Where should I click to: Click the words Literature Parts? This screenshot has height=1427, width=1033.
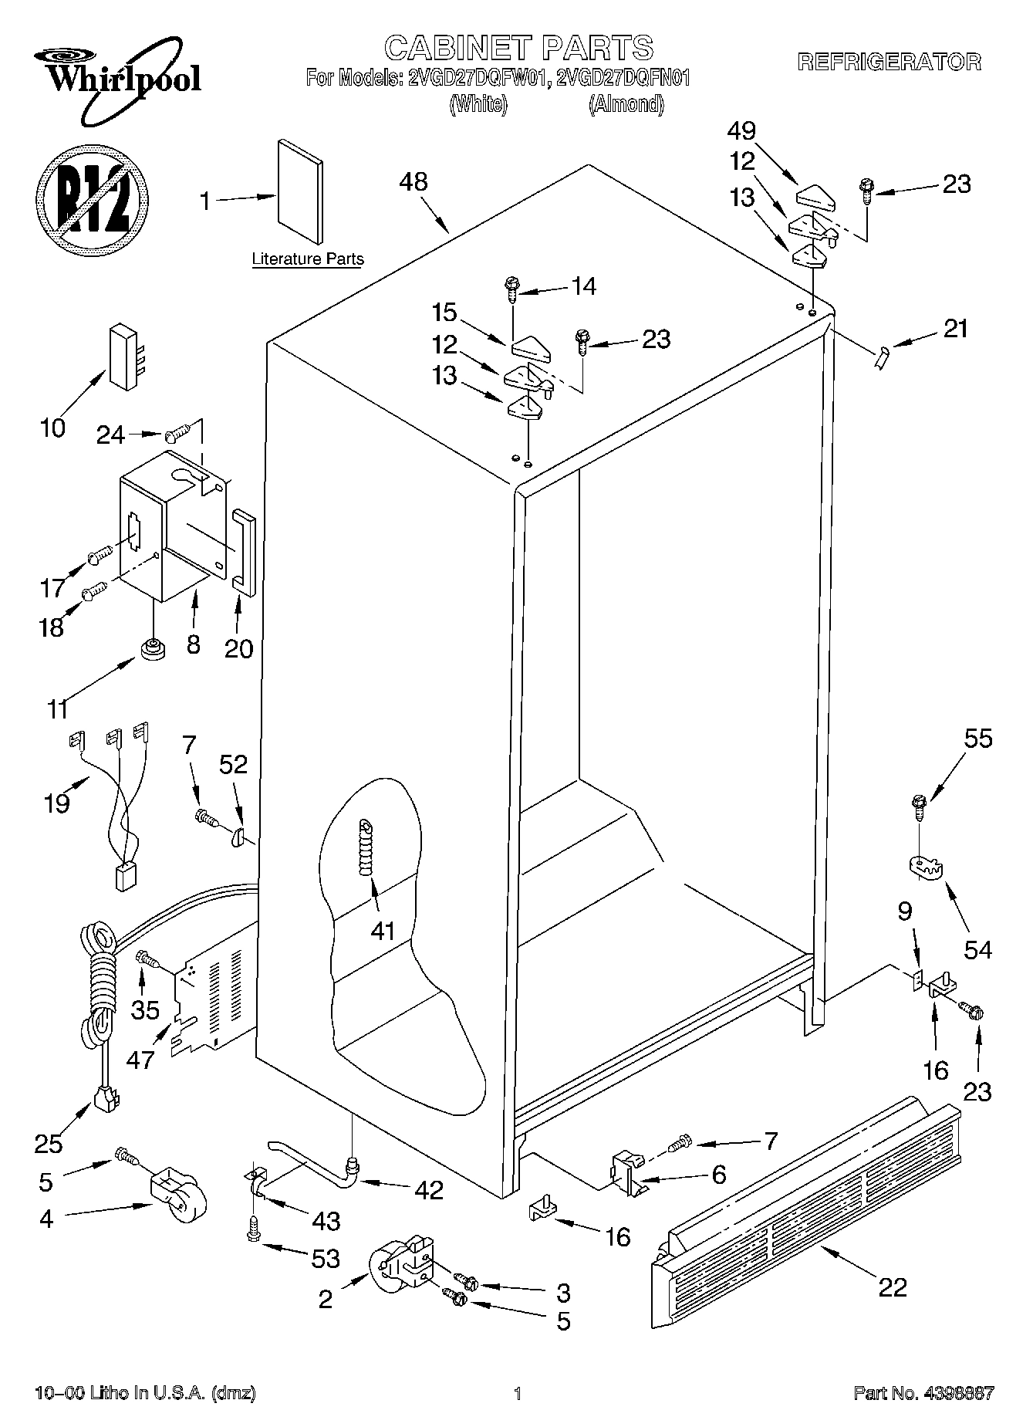click(308, 259)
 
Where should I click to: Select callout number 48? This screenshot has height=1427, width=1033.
click(414, 182)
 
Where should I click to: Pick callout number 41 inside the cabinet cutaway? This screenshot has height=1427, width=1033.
click(383, 931)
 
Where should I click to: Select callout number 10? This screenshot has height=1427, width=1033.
click(53, 428)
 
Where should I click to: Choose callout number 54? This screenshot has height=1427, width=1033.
click(977, 949)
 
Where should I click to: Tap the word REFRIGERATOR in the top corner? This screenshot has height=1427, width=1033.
click(889, 63)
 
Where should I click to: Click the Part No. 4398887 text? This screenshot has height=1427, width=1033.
click(923, 1393)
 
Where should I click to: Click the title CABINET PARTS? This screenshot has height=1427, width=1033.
click(518, 48)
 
